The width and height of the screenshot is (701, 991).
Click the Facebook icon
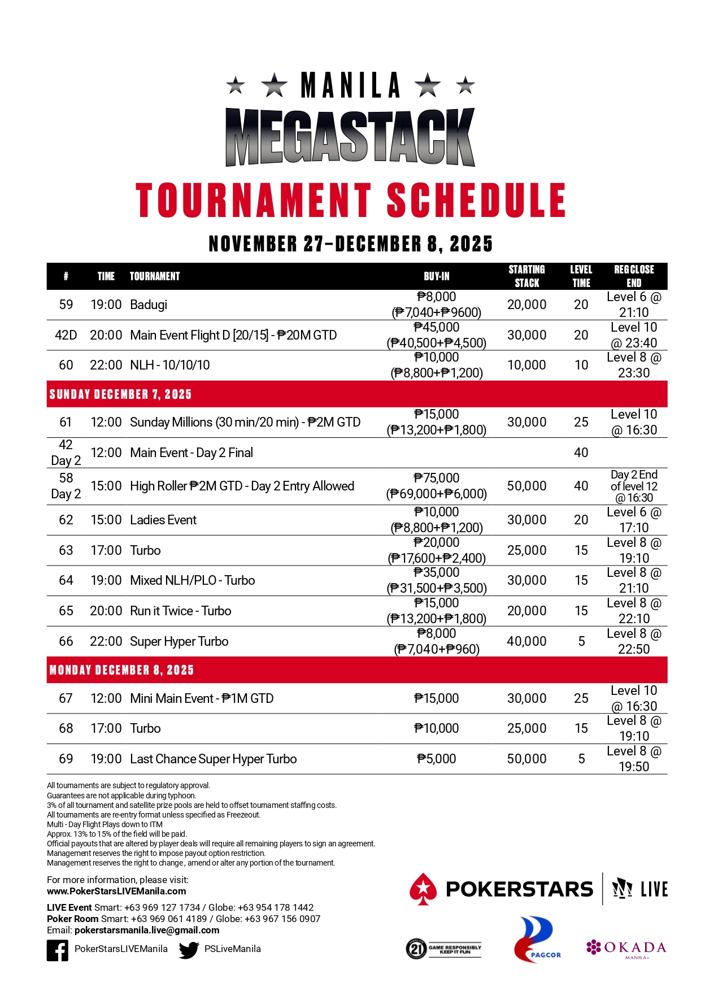tap(58, 950)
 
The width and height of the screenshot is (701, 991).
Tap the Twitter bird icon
tap(189, 950)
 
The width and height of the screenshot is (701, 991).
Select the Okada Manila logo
tap(626, 948)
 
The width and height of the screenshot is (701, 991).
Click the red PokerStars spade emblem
tap(423, 889)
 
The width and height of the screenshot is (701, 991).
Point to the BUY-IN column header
tap(437, 276)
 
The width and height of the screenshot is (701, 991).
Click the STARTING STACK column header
tap(526, 276)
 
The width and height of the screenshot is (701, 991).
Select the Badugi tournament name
tap(149, 305)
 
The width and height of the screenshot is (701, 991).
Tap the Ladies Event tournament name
tap(163, 520)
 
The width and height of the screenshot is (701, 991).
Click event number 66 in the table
tap(66, 641)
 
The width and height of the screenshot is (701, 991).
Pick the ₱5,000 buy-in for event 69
tap(437, 759)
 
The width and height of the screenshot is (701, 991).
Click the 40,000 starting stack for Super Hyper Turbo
tap(526, 641)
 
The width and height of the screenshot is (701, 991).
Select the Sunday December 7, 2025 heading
tap(120, 394)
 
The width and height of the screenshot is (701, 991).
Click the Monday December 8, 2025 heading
tap(121, 670)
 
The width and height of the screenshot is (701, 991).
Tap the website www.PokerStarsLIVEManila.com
tap(116, 891)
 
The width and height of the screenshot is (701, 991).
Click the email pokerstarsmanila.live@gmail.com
tap(147, 930)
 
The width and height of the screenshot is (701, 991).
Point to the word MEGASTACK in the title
tap(350, 137)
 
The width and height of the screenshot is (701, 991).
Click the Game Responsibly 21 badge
tap(443, 949)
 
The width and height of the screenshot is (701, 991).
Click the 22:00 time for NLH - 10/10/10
tap(106, 365)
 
